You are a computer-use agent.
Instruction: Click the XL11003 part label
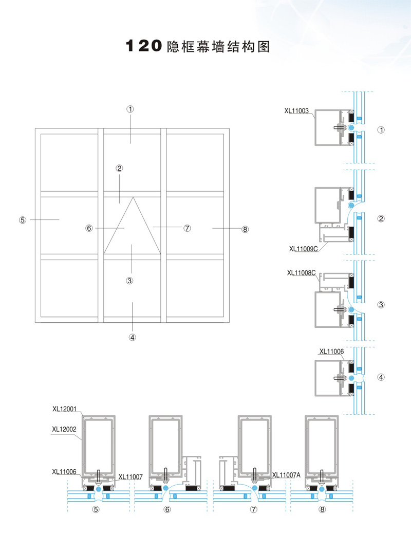(296, 110)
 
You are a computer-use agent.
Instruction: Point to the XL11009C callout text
(304, 249)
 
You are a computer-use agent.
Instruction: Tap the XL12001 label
(64, 410)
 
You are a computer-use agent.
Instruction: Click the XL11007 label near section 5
(130, 476)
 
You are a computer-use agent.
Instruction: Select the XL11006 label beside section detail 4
(331, 352)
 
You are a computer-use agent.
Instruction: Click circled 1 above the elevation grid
(130, 109)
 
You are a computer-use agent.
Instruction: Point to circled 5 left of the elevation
(22, 219)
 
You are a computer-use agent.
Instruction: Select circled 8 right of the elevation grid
(245, 229)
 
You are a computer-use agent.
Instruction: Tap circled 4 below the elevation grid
(132, 338)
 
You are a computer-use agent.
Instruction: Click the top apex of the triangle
(133, 197)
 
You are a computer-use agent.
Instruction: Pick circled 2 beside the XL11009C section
(381, 219)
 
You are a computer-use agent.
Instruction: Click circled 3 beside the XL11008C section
(381, 305)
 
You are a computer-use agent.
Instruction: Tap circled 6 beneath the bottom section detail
(167, 510)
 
